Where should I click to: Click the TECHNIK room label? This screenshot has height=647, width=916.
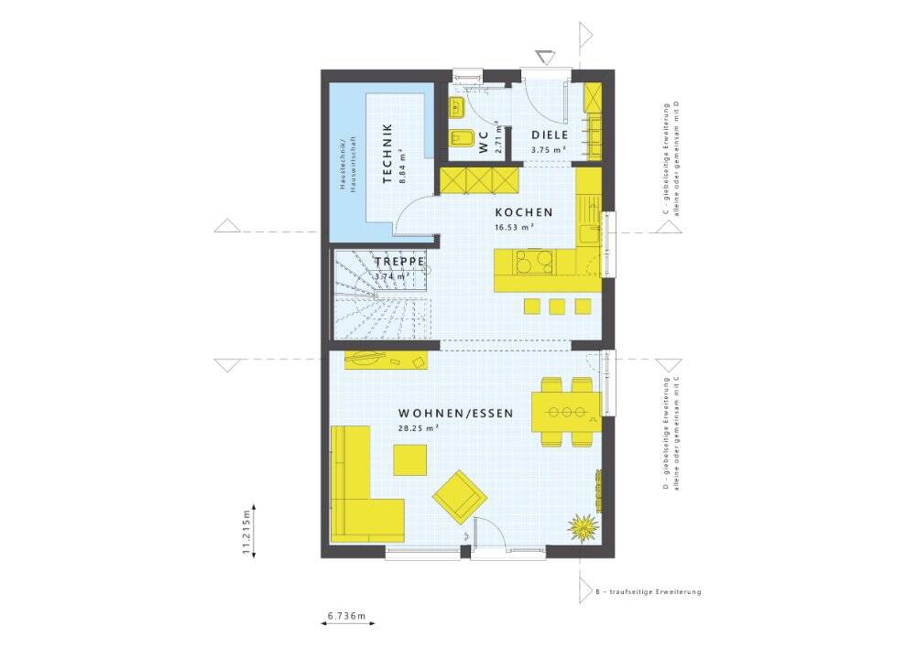387,154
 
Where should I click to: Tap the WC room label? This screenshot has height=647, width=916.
483,143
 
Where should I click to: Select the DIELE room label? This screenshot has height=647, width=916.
550,135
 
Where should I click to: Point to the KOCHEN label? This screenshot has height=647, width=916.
524,212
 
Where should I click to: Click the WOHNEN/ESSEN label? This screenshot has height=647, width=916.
455,414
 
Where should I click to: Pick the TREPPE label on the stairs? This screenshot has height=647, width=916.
399,262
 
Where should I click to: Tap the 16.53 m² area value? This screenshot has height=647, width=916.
515,228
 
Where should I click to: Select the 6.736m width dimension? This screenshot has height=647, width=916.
346,615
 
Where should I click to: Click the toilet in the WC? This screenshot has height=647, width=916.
459,138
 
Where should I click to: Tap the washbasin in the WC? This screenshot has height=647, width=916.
455,107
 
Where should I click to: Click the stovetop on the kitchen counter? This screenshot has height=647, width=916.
535,261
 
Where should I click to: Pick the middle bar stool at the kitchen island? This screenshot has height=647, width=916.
558,307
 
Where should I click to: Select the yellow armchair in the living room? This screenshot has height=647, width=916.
460,496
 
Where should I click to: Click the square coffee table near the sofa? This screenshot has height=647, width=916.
410,459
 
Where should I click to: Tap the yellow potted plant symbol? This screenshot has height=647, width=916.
583,528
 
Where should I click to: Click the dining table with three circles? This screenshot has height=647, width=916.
566,412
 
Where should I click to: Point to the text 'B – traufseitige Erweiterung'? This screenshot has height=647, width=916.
648,591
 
